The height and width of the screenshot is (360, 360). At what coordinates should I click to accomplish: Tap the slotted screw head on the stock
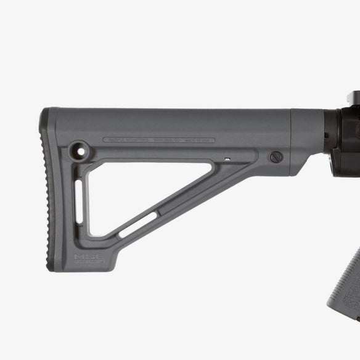pyautogui.click(x=277, y=157)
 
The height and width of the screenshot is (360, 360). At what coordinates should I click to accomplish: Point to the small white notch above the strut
pyautogui.click(x=227, y=159)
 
